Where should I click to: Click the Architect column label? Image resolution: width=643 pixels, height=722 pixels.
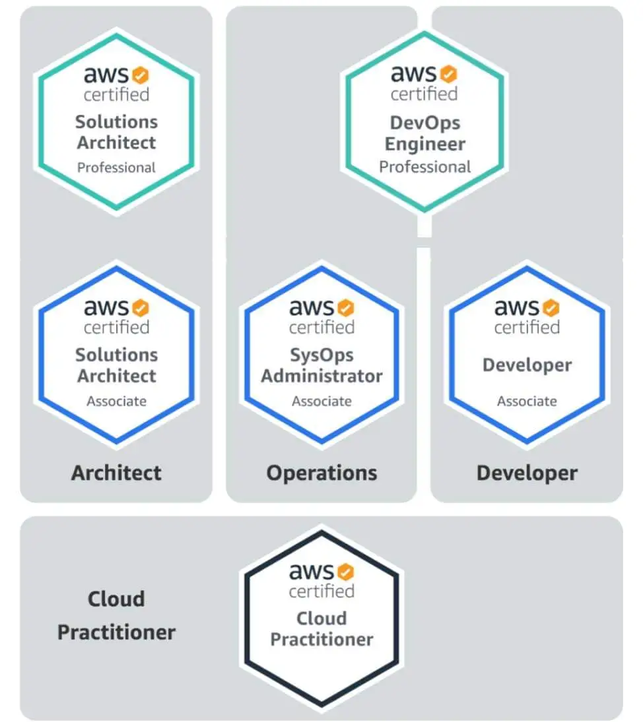(116, 473)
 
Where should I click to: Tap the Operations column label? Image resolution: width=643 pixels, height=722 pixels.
(321, 473)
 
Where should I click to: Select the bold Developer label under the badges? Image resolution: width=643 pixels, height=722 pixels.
(527, 473)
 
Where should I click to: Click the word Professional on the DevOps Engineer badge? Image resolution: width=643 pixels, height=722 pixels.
(424, 167)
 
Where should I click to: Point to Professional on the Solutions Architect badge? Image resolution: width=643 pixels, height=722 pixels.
(116, 167)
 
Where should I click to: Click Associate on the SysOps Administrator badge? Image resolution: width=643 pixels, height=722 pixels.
(321, 401)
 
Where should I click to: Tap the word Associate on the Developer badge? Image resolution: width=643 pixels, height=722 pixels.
(527, 401)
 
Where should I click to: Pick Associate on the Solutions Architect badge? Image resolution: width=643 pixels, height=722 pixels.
(116, 401)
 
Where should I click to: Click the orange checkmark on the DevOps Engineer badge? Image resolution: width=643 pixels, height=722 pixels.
(449, 73)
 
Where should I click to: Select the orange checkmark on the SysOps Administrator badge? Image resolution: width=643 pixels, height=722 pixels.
(346, 307)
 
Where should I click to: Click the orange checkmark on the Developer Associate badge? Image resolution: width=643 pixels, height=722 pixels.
(551, 307)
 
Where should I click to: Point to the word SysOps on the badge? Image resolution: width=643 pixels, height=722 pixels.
(321, 355)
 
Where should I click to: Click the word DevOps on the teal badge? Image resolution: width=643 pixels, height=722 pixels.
(424, 123)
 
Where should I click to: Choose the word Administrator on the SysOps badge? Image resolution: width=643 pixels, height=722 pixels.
(321, 376)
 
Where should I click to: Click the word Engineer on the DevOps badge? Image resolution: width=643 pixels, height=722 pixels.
(424, 144)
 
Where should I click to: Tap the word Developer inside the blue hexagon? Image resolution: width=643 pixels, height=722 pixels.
(527, 365)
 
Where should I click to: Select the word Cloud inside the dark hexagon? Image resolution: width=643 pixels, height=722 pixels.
(321, 618)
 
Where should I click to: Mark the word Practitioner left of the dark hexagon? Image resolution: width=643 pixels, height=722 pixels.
(116, 632)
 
